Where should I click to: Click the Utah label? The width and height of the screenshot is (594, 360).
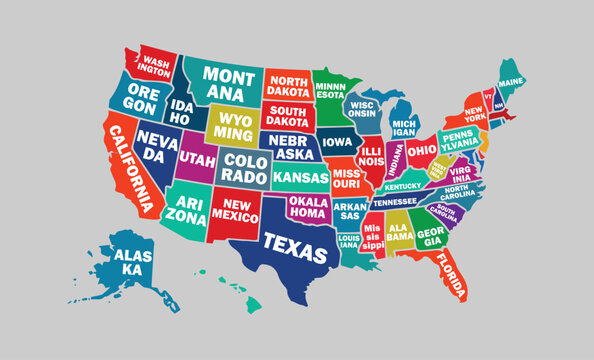click(197, 160)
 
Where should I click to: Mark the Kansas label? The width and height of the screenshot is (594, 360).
click(301, 177)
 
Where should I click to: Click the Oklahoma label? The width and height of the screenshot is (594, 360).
click(308, 208)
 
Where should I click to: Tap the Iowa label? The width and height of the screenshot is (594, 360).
click(337, 141)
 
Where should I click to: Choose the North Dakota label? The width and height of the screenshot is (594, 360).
click(288, 86)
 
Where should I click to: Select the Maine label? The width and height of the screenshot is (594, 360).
click(511, 81)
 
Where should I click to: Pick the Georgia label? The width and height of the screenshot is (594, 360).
click(431, 236)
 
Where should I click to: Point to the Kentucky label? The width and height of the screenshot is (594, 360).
click(403, 186)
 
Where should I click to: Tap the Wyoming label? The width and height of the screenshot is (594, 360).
click(233, 126)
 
